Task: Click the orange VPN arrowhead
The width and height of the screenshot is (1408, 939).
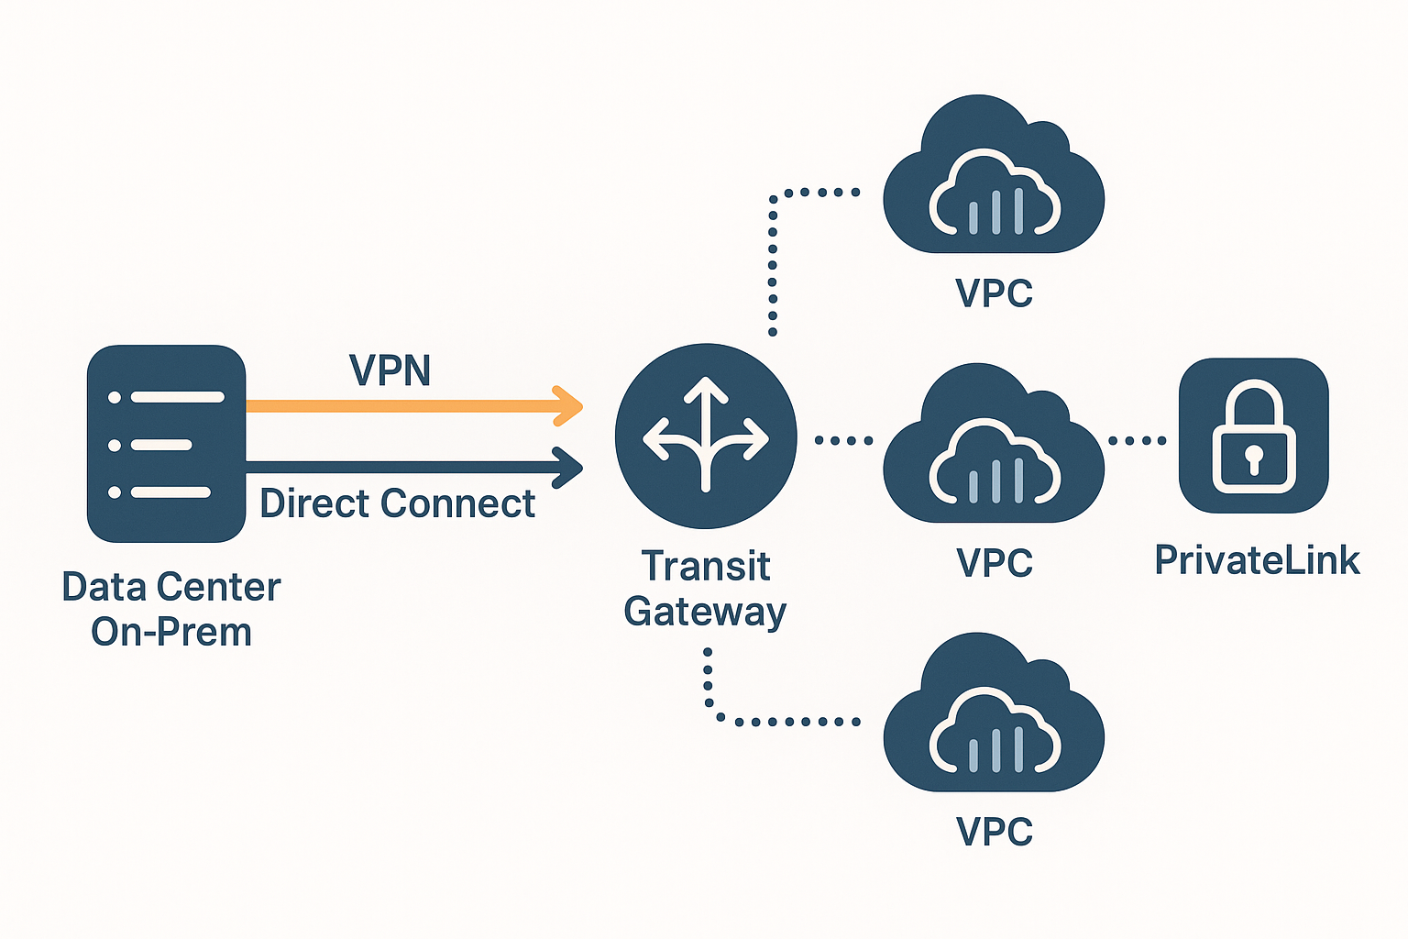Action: point(570,406)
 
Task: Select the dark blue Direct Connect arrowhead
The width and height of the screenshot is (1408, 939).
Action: point(570,468)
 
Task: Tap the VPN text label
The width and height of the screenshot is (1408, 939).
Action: point(390,370)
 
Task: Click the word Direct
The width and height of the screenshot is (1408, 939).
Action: point(316,503)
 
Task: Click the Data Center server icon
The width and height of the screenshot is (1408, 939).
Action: point(166,444)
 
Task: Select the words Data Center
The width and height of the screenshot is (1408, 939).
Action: point(171,587)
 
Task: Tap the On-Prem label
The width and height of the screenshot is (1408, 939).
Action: point(171,632)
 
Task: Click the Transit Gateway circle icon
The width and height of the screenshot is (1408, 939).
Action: point(706,436)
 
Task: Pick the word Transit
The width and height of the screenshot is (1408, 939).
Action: point(706,566)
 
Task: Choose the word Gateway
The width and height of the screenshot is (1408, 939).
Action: point(706,612)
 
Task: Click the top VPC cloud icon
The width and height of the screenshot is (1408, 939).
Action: point(994,179)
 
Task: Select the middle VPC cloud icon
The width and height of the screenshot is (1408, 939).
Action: point(994,447)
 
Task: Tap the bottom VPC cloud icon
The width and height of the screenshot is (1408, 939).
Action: point(994,717)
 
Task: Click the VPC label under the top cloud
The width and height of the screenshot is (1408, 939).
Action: point(994,293)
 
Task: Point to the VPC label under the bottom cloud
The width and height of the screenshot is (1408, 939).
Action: point(994,832)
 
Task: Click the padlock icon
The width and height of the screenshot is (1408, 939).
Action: point(1253,436)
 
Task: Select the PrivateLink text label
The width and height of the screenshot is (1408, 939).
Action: point(1257,560)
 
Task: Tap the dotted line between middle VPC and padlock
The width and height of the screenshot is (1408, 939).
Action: point(1138,441)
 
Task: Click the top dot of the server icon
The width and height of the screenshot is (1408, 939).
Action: point(115,397)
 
